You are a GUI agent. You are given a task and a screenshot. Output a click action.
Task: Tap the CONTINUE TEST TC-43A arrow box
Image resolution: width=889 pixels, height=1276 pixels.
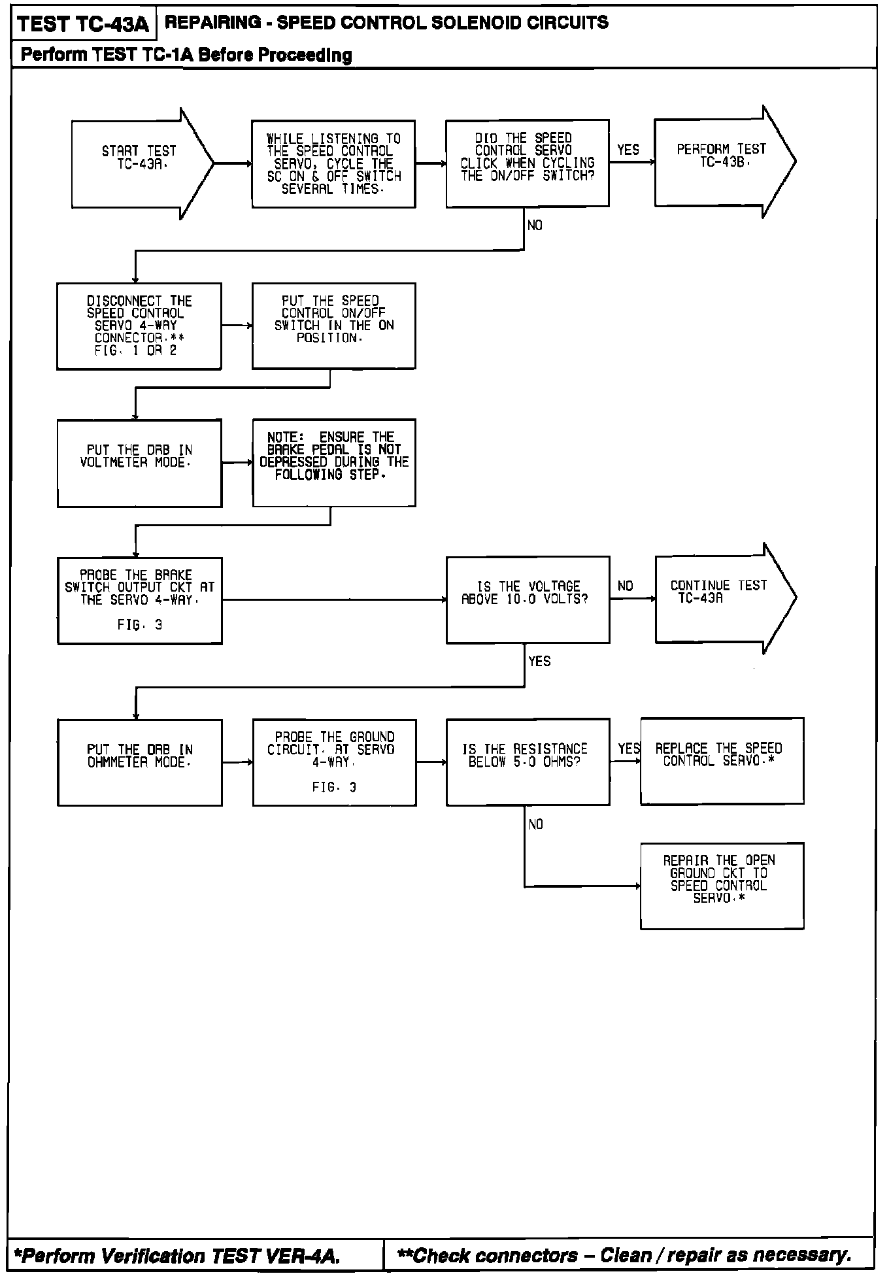point(719,598)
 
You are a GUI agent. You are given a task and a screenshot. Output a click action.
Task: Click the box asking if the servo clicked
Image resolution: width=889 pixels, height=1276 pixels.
point(528,163)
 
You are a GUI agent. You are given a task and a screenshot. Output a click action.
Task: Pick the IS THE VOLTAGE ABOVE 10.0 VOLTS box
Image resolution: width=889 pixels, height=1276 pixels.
point(528,599)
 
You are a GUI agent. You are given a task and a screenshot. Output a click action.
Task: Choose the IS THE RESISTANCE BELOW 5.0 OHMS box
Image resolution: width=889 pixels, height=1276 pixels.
point(528,762)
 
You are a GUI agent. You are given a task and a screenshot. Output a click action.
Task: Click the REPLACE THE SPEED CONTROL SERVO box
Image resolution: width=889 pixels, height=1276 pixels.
point(722,761)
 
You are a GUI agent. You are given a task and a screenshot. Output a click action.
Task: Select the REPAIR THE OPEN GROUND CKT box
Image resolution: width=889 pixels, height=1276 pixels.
point(722,885)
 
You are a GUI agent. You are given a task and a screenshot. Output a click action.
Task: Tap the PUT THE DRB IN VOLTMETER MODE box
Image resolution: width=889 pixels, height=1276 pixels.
point(139,463)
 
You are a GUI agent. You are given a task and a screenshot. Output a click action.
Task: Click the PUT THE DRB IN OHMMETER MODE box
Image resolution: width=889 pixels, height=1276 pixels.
point(139,762)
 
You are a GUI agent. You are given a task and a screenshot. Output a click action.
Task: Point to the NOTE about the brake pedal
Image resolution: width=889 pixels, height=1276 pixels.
point(334,462)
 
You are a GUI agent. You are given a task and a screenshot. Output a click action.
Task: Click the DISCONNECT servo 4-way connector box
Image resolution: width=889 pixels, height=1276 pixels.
point(139,326)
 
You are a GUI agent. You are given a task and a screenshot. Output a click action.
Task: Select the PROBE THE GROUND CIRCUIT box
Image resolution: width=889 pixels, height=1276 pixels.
point(334,762)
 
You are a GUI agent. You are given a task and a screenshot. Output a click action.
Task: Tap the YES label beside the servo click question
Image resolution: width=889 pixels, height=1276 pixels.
point(628,150)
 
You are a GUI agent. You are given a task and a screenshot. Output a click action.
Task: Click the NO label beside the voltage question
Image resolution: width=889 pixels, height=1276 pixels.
point(626,586)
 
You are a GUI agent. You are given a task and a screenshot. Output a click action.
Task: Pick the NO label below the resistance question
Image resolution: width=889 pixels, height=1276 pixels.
point(535,824)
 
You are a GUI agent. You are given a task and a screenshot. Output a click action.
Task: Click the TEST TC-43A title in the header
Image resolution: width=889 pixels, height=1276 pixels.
point(84,24)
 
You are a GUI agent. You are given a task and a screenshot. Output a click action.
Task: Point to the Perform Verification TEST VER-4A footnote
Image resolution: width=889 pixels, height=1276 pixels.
point(178,1256)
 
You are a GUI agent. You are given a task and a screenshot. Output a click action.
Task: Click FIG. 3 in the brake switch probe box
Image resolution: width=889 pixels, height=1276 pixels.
point(139,625)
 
